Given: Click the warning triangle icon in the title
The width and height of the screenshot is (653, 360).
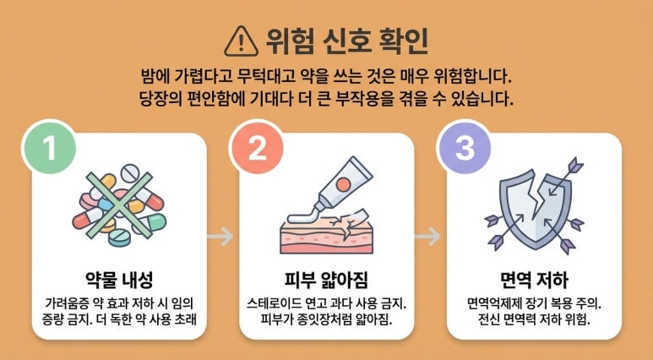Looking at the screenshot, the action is (x=241, y=41).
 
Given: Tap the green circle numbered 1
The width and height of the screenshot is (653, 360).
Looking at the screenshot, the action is (x=49, y=148).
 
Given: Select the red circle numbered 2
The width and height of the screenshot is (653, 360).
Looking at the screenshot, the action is (x=257, y=148).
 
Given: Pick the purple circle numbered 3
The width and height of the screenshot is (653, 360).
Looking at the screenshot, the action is (x=464, y=148).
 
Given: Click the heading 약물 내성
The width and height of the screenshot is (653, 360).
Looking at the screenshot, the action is (x=119, y=280).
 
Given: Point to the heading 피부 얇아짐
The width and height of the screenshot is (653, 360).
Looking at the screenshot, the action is (x=326, y=280).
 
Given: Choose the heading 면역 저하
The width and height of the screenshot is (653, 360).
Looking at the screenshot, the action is (x=534, y=280).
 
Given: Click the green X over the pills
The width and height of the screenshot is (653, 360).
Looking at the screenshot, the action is (x=119, y=205).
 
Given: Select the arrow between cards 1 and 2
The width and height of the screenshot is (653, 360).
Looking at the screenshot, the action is (x=220, y=237).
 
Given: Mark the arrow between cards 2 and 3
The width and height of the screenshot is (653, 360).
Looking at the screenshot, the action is (x=427, y=237).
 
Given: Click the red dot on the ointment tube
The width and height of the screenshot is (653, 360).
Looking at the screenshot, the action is (x=343, y=183).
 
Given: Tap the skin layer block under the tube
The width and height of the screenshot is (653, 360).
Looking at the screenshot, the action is (x=326, y=237).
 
